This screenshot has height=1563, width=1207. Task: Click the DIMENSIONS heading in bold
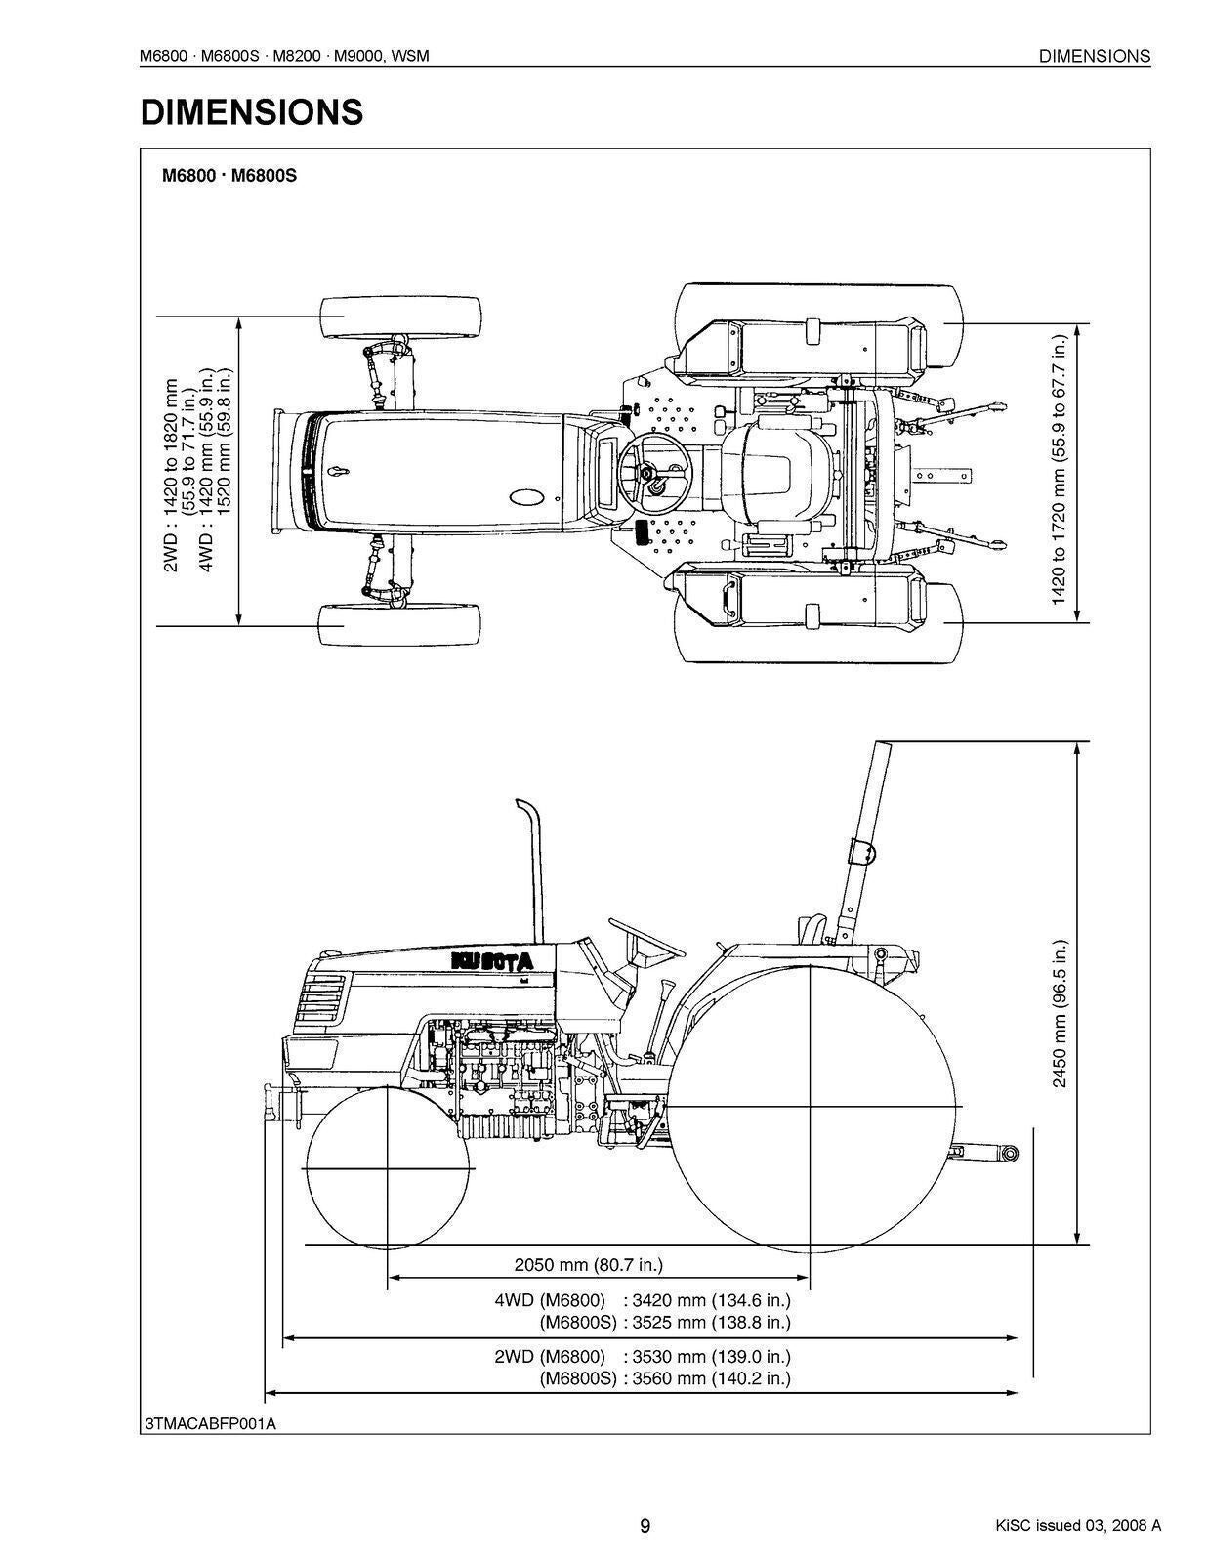tap(252, 113)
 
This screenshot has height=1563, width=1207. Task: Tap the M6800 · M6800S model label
tap(229, 177)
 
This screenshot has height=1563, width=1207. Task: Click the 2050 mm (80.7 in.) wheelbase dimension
tap(588, 1265)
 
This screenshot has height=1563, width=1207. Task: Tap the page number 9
tap(645, 1526)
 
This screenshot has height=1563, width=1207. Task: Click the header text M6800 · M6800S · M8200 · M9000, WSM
tap(285, 57)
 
